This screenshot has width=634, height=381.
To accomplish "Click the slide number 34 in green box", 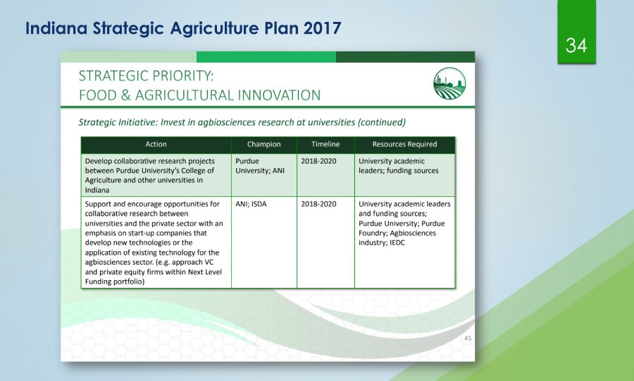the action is (x=576, y=45).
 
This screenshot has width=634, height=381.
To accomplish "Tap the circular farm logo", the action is (x=449, y=83).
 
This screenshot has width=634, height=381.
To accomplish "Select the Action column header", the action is (x=156, y=144).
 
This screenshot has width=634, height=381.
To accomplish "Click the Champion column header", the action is (x=263, y=144).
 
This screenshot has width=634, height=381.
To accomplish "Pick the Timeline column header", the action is (x=325, y=144).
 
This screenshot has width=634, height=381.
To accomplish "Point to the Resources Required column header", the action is (x=404, y=144).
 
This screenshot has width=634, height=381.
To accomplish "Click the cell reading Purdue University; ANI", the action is (x=260, y=166).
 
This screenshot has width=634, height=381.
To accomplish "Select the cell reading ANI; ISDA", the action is (x=251, y=204).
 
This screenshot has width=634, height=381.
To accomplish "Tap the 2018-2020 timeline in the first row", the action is (x=318, y=161).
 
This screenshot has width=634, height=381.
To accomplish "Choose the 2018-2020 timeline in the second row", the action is (x=318, y=204).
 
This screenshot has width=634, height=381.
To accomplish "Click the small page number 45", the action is (x=468, y=338).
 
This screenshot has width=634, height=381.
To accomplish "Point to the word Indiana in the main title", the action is (x=56, y=28).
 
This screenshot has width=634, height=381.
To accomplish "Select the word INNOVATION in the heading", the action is (x=279, y=95).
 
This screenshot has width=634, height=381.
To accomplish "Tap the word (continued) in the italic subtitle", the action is (x=382, y=122).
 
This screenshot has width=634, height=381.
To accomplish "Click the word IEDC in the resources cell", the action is (x=397, y=243).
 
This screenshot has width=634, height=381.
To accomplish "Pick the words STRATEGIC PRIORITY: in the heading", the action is (x=146, y=75).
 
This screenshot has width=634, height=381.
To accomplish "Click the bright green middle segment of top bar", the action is (x=266, y=56).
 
